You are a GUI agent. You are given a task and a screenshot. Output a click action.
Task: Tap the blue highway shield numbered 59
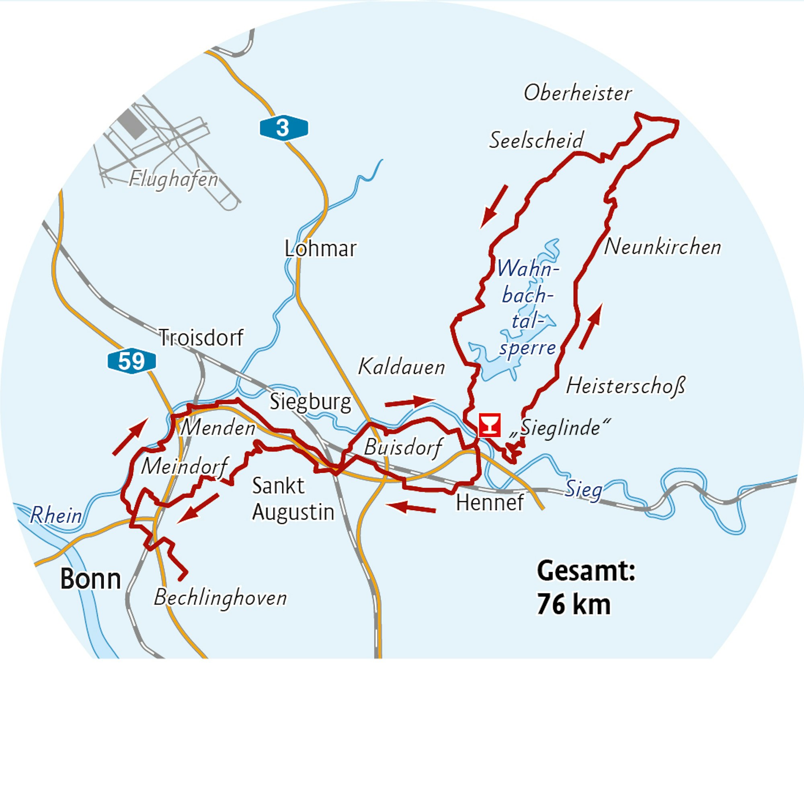point(131,361)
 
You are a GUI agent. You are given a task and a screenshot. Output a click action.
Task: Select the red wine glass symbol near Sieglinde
point(489,425)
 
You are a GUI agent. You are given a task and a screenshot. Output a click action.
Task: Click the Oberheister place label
point(577,93)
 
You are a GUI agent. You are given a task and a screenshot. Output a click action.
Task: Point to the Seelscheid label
point(536,140)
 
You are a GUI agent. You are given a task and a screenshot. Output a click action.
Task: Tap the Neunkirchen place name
point(662,247)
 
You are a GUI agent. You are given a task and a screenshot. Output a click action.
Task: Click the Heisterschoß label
point(625,386)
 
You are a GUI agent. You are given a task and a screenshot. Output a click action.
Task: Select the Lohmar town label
point(320,249)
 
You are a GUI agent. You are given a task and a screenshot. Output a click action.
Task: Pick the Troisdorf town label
point(201,338)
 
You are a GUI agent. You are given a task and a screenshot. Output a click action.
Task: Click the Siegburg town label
point(310,402)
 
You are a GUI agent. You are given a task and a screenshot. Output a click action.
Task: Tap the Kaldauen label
point(402,367)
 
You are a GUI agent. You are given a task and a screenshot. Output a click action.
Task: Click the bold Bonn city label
point(90,579)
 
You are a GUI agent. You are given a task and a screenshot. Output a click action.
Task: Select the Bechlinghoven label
point(220,598)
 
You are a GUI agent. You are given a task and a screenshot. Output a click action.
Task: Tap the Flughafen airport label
point(174,179)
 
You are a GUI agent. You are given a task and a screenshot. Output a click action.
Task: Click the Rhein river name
point(56,516)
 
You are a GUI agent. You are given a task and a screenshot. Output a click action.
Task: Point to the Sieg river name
point(583,489)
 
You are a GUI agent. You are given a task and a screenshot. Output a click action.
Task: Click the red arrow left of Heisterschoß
point(591,327)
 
